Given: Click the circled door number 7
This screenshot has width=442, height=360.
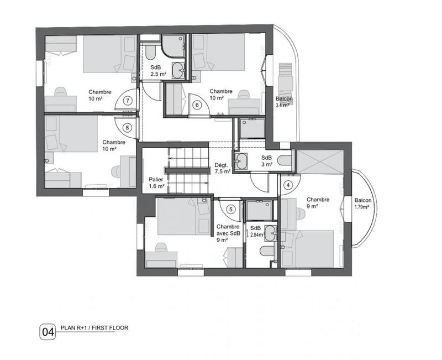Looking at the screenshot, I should (x=128, y=101).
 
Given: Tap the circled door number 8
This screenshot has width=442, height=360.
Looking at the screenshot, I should (x=128, y=127).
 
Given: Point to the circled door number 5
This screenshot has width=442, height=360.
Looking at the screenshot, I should (x=231, y=208).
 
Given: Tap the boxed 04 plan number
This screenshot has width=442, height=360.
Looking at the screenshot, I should (x=48, y=332).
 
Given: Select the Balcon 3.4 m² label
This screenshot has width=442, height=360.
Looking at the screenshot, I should (x=284, y=102).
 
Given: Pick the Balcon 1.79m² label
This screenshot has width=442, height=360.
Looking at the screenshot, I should (x=363, y=205).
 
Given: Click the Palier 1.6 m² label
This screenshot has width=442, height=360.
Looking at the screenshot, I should (x=156, y=183).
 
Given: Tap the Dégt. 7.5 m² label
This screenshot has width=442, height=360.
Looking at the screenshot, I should (x=222, y=168).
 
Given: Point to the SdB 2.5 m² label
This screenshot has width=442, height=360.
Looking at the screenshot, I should (x=156, y=70).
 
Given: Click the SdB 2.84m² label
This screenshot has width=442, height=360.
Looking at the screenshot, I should (x=256, y=232).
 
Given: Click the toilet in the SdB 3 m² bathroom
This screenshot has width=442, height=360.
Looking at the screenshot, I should (x=283, y=160).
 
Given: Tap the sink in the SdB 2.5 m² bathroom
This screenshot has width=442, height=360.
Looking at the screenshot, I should (x=178, y=70).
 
